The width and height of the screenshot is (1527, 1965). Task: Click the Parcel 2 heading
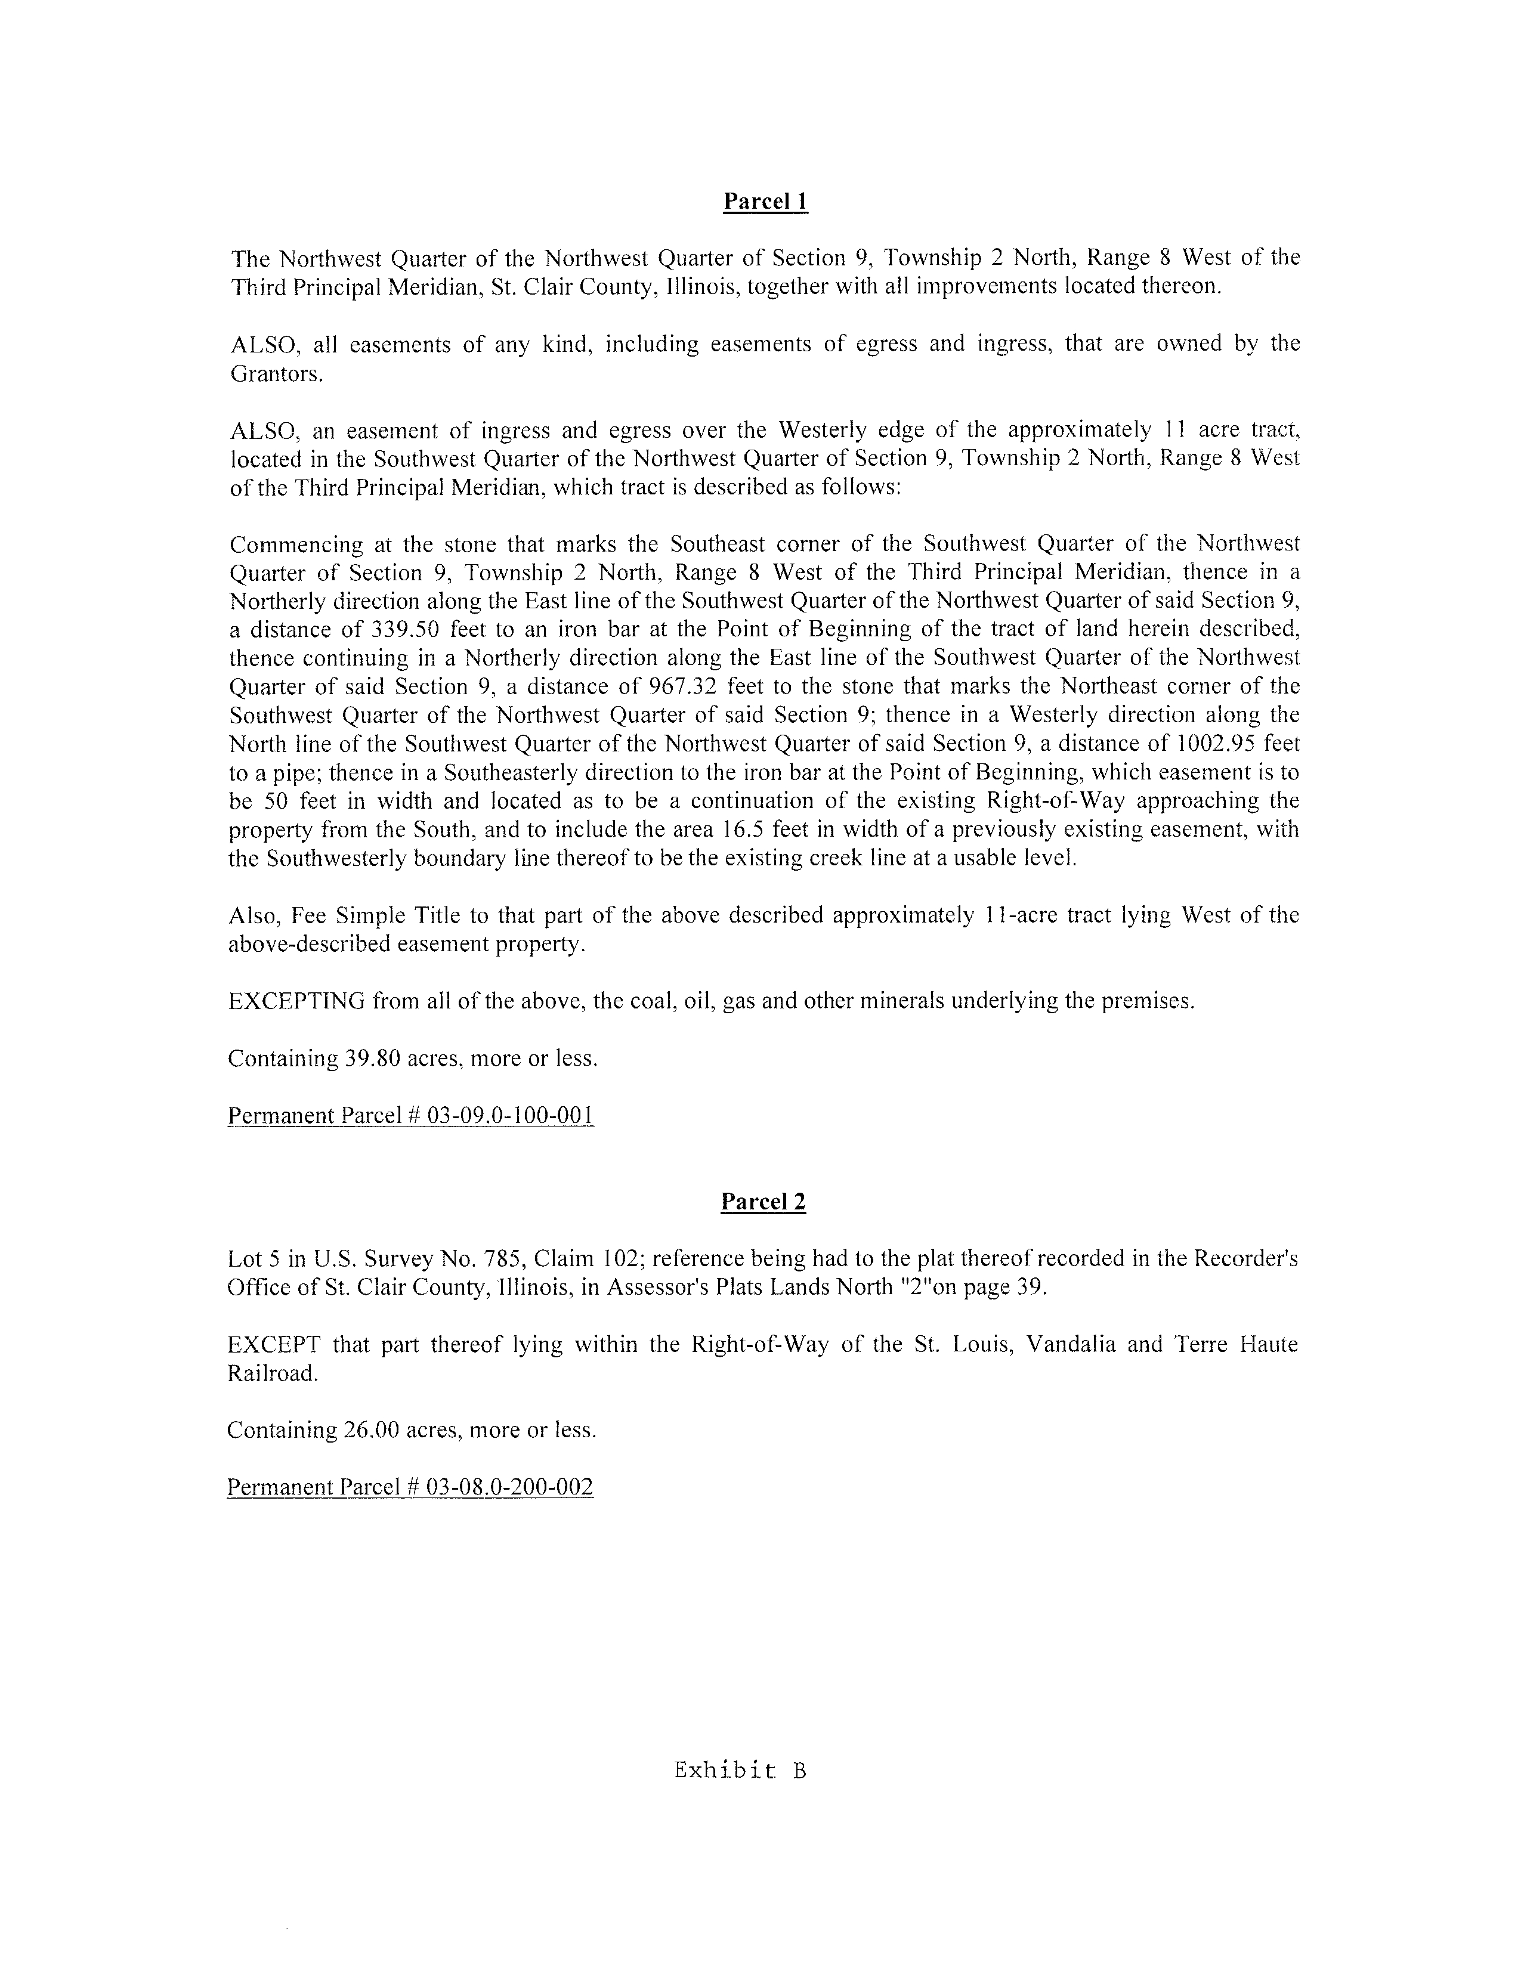tap(763, 1202)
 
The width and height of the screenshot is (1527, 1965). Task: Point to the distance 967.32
tap(683, 686)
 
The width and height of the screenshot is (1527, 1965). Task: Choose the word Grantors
tap(276, 373)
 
